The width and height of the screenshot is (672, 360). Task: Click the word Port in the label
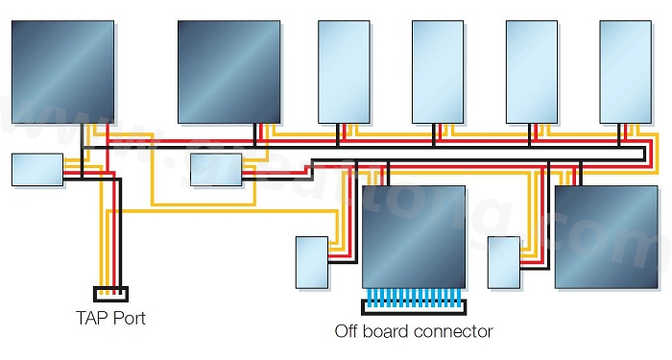[x=128, y=317]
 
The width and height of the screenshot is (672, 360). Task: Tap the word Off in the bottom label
[x=348, y=332]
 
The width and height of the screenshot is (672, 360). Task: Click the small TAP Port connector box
[x=109, y=293]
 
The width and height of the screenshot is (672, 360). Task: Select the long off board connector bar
[x=411, y=307]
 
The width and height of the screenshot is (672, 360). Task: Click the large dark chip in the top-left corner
[x=61, y=71]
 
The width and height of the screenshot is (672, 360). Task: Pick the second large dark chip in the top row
[x=229, y=73]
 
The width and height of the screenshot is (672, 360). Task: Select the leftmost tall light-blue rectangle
[x=344, y=72]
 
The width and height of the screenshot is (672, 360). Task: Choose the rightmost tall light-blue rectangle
[x=625, y=72]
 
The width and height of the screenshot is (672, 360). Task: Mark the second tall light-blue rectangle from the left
[x=438, y=72]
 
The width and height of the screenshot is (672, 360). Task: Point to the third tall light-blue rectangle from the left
[x=531, y=72]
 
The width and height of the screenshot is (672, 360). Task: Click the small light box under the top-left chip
[x=36, y=169]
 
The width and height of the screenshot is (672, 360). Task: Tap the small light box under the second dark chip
[x=216, y=169]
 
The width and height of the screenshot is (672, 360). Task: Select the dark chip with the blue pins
[x=413, y=236]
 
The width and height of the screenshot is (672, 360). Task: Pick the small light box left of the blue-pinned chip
[x=312, y=262]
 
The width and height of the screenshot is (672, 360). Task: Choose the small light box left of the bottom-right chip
[x=503, y=262]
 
